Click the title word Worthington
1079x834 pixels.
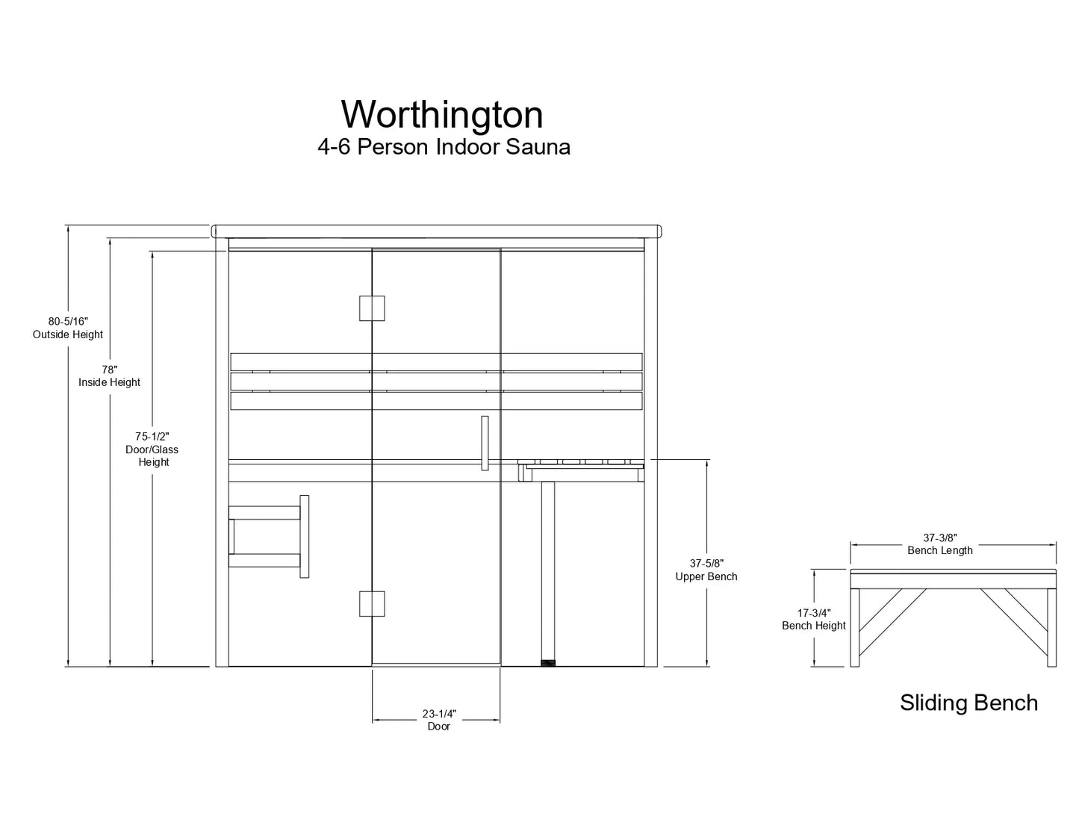[x=442, y=115]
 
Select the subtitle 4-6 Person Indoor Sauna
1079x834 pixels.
[x=444, y=147]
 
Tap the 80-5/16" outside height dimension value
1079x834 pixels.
[x=68, y=321]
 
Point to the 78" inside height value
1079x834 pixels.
[x=110, y=369]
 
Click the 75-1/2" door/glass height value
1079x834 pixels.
[x=152, y=436]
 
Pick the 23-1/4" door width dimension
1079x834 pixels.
[x=438, y=713]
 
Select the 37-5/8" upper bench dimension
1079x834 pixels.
[x=706, y=563]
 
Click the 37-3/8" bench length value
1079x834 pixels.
[x=940, y=538]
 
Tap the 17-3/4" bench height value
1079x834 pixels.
[x=813, y=612]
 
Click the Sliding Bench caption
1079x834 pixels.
[x=968, y=703]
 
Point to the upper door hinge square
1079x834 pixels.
[x=372, y=308]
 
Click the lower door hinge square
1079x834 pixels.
[x=372, y=603]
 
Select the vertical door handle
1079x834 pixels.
[x=485, y=443]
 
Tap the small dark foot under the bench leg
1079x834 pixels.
[x=549, y=662]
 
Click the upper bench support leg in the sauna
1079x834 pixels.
[x=549, y=567]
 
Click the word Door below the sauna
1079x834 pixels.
[x=438, y=726]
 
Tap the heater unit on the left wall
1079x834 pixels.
[x=266, y=536]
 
